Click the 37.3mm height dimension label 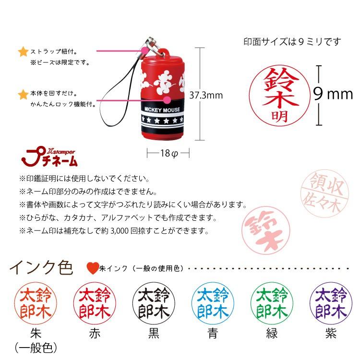[206, 95]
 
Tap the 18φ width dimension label [168, 153]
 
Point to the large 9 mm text [333, 94]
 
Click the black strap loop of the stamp [115, 98]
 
